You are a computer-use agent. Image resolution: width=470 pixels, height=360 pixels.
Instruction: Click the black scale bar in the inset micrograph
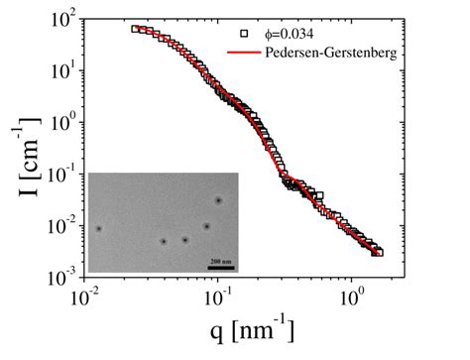click(221, 267)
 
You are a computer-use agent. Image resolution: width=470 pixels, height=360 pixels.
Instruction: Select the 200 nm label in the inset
click(221, 259)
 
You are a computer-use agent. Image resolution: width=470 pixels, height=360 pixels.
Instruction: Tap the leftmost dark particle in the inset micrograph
click(98, 229)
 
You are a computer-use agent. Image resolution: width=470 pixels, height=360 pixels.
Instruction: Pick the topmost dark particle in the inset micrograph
click(218, 200)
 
